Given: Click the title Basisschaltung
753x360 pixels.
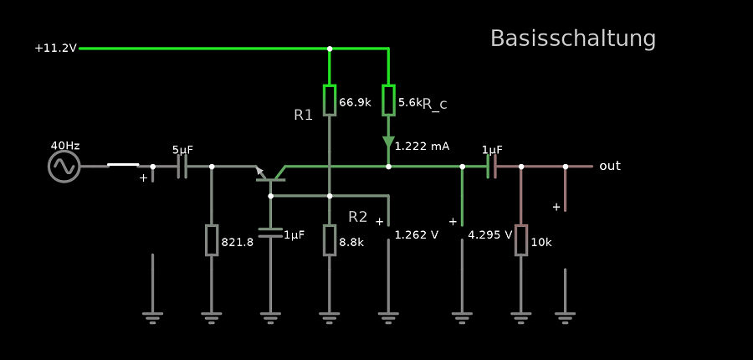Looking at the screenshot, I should [x=572, y=39].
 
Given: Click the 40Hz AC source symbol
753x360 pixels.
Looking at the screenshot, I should [x=64, y=166].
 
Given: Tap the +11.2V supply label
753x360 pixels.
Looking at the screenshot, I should [x=55, y=49].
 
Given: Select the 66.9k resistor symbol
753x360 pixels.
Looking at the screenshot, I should [x=330, y=100].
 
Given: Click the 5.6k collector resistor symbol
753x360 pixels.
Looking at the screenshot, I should [x=388, y=100].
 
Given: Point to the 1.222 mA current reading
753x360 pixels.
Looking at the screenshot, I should [x=422, y=146].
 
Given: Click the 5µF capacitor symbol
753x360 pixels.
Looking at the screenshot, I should [x=182, y=167].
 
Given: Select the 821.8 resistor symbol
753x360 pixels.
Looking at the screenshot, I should [x=212, y=240].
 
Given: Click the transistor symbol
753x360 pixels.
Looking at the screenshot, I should [x=271, y=174].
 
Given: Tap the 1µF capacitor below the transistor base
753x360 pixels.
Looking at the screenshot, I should [x=270, y=232].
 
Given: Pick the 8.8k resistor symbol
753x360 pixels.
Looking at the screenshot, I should [x=330, y=240].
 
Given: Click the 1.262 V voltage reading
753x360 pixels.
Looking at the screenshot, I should [x=417, y=235].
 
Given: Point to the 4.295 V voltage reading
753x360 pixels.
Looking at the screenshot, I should [x=490, y=235].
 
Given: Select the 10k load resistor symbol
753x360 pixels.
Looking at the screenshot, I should [x=521, y=240].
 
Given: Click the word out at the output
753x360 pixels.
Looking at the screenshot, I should [x=610, y=166].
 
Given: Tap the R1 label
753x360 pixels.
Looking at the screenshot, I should [x=304, y=116].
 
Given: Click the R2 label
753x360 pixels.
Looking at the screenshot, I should [x=358, y=217].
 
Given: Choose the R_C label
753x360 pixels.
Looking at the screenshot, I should [x=435, y=104].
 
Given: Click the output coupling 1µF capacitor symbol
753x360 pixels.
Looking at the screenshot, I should [x=491, y=167].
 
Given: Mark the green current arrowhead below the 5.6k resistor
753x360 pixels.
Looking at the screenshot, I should [x=388, y=142].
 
